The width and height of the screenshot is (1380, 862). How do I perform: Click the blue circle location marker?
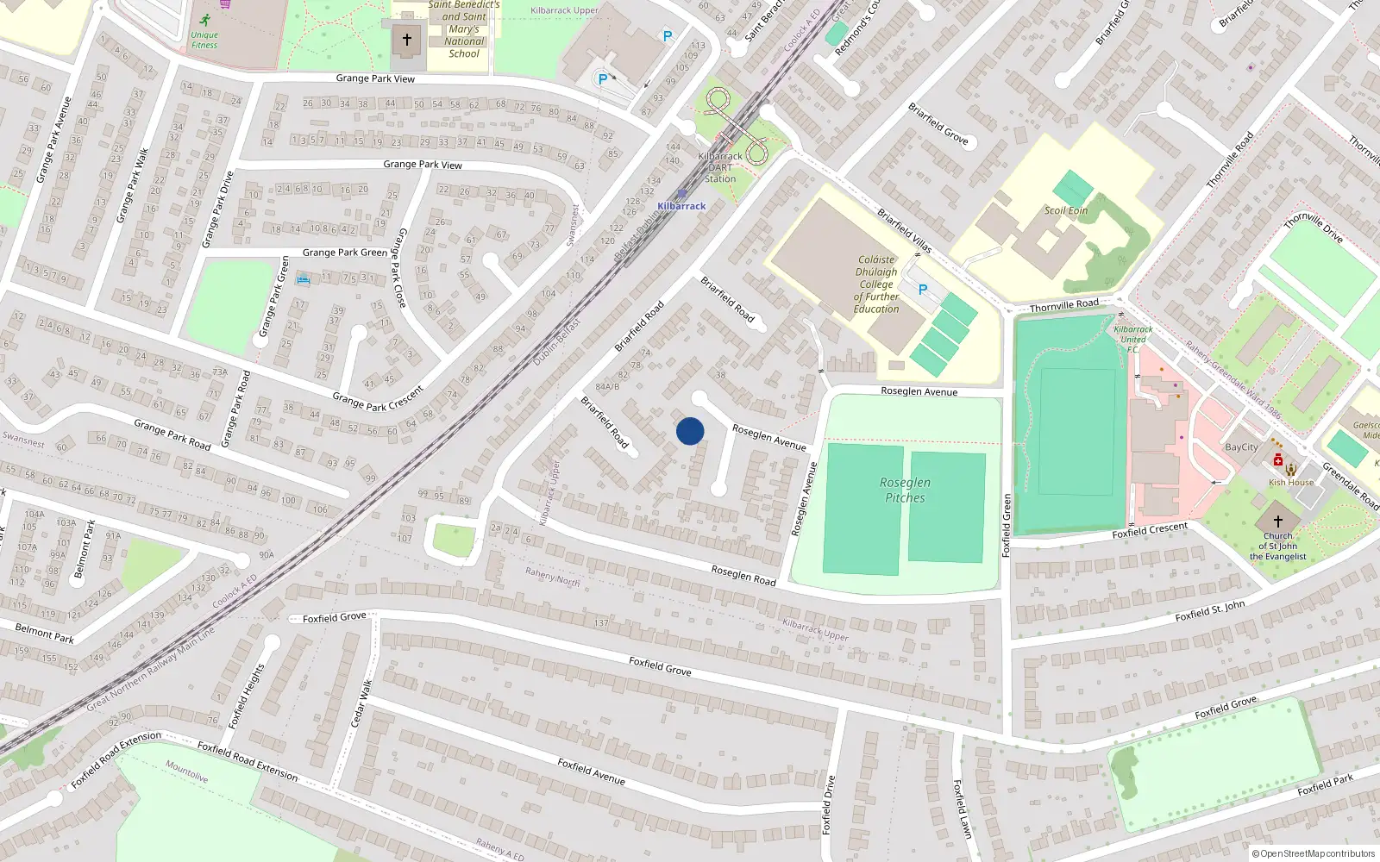pyautogui.click(x=690, y=431)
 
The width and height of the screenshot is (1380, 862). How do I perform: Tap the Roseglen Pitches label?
pyautogui.click(x=905, y=490)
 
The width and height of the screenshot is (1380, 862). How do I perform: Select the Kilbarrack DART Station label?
pyautogui.click(x=720, y=167)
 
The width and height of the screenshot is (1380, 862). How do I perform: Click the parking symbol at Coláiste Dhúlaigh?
pyautogui.click(x=923, y=290)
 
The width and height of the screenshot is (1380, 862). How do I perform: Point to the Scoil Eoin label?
pyautogui.click(x=1066, y=210)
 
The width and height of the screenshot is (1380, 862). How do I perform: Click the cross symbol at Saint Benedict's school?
pyautogui.click(x=407, y=40)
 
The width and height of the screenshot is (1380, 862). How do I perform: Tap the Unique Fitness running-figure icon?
pyautogui.click(x=204, y=20)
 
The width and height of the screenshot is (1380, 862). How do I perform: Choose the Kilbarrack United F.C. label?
pyautogui.click(x=1132, y=339)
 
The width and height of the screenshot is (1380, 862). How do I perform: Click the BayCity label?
pyautogui.click(x=1241, y=447)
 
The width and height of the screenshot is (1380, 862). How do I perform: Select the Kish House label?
pyautogui.click(x=1290, y=483)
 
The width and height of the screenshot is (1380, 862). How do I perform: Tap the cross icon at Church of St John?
pyautogui.click(x=1278, y=521)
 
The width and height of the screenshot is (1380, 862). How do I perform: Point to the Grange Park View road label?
pyautogui.click(x=375, y=78)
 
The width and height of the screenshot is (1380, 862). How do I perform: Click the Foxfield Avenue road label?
pyautogui.click(x=591, y=771)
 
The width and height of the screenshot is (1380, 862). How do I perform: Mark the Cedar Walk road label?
pyautogui.click(x=361, y=703)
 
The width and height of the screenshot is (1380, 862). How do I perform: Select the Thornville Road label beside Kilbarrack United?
pyautogui.click(x=1064, y=305)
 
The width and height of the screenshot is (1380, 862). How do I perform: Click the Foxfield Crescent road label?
pyautogui.click(x=1150, y=530)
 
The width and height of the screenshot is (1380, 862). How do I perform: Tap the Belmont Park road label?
pyautogui.click(x=44, y=634)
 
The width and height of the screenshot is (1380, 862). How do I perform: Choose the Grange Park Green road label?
pyautogui.click(x=345, y=253)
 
